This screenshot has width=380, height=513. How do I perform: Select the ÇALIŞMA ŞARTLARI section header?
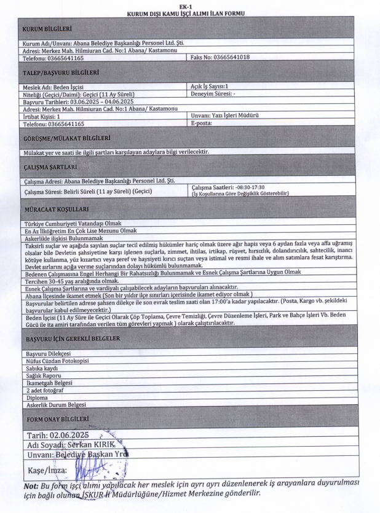click(50, 166)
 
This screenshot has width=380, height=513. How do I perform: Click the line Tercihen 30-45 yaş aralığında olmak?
click(71, 280)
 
